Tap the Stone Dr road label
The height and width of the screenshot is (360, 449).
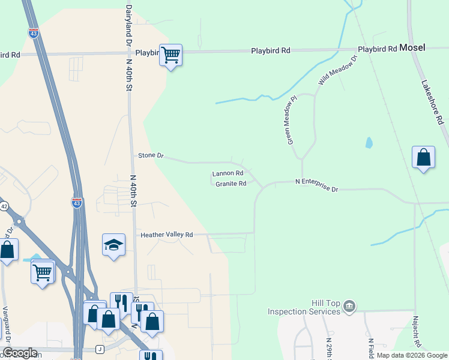tap(151, 155)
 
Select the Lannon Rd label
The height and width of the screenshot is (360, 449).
tap(227, 174)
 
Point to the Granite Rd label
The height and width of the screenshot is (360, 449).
tap(231, 184)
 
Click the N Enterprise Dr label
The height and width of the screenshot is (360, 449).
tap(317, 185)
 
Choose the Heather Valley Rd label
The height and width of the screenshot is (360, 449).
tap(166, 235)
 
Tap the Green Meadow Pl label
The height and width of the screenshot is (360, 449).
tap(291, 122)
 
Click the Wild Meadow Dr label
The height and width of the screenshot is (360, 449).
tap(337, 70)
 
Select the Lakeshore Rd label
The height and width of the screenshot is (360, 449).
tap(432, 102)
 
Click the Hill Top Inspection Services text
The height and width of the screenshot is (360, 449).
tap(304, 308)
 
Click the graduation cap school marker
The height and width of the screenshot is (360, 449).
tap(113, 244)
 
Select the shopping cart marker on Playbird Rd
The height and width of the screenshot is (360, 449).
tap(171, 55)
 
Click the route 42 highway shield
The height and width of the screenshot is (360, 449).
tap(4, 206)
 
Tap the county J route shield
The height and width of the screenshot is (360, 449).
tap(99, 349)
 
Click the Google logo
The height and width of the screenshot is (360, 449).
tap(20, 353)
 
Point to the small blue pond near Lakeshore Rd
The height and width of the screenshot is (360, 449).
tap(369, 143)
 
